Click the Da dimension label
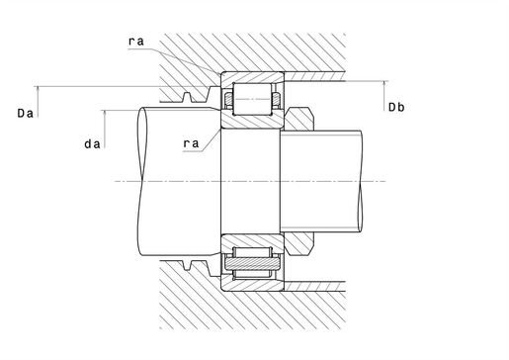[26, 114]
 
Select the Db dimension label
[396, 107]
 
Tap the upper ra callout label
[136, 42]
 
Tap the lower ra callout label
[191, 143]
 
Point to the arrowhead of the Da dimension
[38, 89]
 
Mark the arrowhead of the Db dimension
[383, 84]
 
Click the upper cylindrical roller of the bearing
[253, 99]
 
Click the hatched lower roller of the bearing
[252, 263]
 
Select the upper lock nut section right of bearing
[298, 119]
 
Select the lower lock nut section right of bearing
[298, 244]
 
